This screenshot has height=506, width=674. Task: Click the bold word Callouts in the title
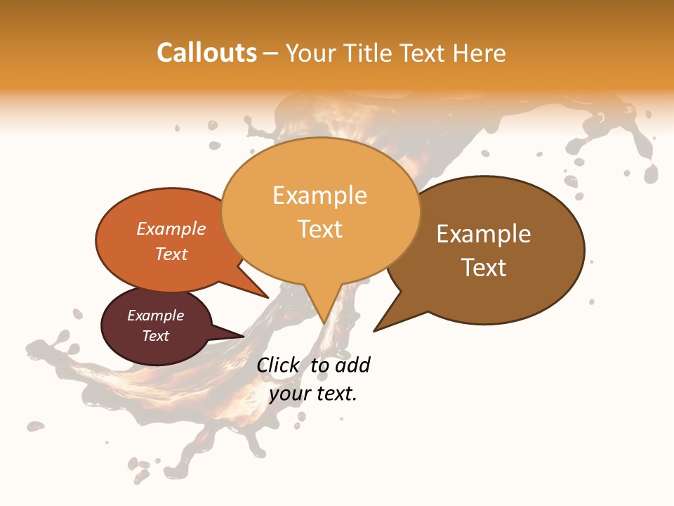click(x=206, y=53)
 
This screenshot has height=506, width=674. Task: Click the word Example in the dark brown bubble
click(x=484, y=234)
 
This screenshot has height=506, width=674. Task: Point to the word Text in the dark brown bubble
click(x=484, y=268)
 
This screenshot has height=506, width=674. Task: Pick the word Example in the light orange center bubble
click(x=319, y=195)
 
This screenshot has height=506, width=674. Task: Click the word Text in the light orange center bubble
click(x=320, y=229)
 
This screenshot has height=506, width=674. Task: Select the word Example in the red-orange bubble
click(x=171, y=229)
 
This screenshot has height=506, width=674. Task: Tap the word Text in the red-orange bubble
click(x=171, y=254)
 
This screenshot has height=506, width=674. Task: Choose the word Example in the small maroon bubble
click(x=155, y=316)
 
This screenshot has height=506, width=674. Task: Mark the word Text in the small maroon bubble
click(x=155, y=336)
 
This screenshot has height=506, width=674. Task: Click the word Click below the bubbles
click(x=279, y=365)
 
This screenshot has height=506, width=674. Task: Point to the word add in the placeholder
click(x=352, y=365)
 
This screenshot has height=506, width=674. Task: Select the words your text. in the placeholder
click(x=313, y=394)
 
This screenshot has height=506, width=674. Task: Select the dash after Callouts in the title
click(x=272, y=53)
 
